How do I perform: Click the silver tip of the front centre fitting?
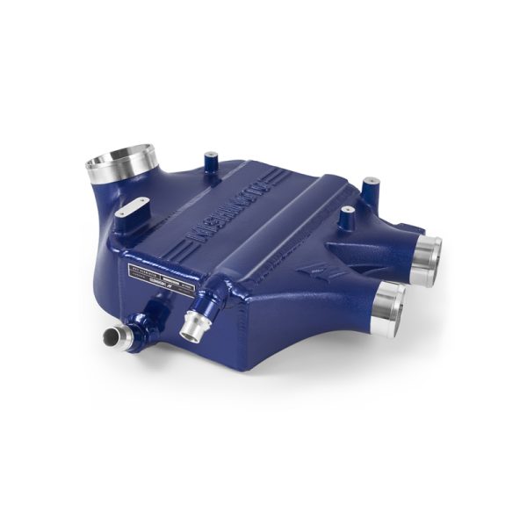click(x=191, y=330)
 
